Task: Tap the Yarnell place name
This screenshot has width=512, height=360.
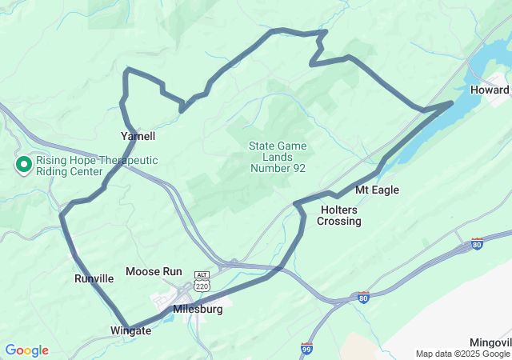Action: (x=138, y=136)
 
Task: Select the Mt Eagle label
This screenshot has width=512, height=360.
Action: (x=377, y=190)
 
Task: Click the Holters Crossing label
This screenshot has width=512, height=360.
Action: (x=339, y=215)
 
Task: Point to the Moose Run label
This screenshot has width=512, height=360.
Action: (x=154, y=272)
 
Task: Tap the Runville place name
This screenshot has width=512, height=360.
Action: (x=94, y=278)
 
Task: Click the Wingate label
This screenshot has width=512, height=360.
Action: (x=129, y=330)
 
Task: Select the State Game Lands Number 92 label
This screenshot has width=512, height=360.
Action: (x=278, y=157)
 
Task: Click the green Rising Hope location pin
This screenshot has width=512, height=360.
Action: (x=24, y=165)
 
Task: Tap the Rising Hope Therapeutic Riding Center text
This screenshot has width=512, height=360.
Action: (x=96, y=166)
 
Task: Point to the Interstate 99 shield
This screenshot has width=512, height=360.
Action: (x=307, y=348)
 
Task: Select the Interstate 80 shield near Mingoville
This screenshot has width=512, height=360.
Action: (x=364, y=298)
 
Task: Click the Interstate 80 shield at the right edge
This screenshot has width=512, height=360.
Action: (x=477, y=243)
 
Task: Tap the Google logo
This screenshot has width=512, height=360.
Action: (x=26, y=350)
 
